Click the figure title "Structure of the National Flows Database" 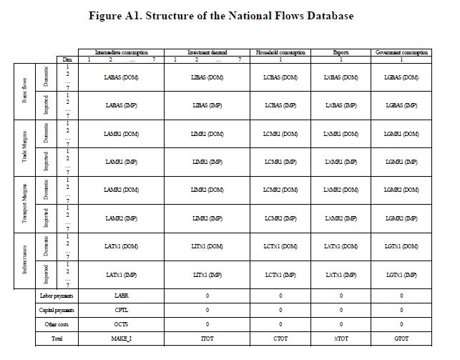(x=230, y=15)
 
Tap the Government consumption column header (x=401, y=52)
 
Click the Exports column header (x=341, y=52)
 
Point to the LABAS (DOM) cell (x=121, y=77)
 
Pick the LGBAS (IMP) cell (x=401, y=105)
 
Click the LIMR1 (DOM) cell (x=207, y=134)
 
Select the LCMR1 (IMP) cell (x=280, y=162)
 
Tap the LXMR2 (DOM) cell (x=341, y=190)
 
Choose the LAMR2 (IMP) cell (x=121, y=218)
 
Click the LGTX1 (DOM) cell (x=401, y=245)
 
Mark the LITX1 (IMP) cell (x=207, y=274)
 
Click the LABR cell (x=121, y=295)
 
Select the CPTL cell (x=121, y=310)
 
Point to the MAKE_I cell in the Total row (x=121, y=338)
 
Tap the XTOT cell (x=341, y=338)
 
